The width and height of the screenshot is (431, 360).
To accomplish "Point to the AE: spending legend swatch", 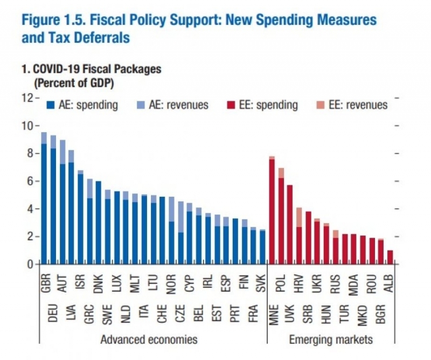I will click(x=52, y=105).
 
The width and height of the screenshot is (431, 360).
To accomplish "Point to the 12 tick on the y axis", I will click(x=27, y=98).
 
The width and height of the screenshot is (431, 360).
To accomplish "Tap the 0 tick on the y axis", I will click(x=30, y=264).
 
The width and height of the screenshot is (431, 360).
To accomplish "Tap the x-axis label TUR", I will click(x=345, y=312).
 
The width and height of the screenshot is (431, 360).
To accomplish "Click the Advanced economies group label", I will click(x=149, y=339).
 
